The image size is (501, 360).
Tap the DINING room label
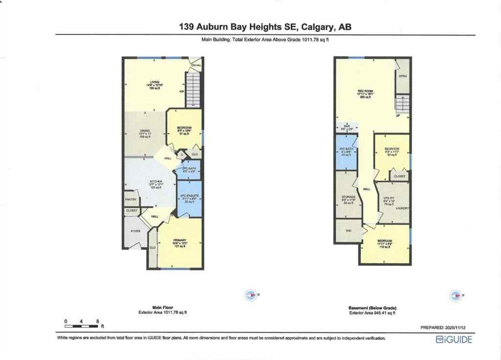click(144, 131)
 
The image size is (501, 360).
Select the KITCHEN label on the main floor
click(156, 181)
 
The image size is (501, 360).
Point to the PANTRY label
click(131, 199)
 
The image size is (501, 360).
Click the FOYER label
click(136, 231)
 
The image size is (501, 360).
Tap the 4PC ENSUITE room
click(189, 198)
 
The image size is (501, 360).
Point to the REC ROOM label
click(365, 91)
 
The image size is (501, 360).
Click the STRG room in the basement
click(403, 76)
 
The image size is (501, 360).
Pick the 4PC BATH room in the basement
click(346, 151)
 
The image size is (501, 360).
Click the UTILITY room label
click(388, 199)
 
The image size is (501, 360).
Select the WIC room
click(348, 230)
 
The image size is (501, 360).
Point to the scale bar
click(82, 325)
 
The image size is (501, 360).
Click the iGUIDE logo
click(454, 340)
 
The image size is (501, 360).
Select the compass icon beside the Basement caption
click(455, 295)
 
